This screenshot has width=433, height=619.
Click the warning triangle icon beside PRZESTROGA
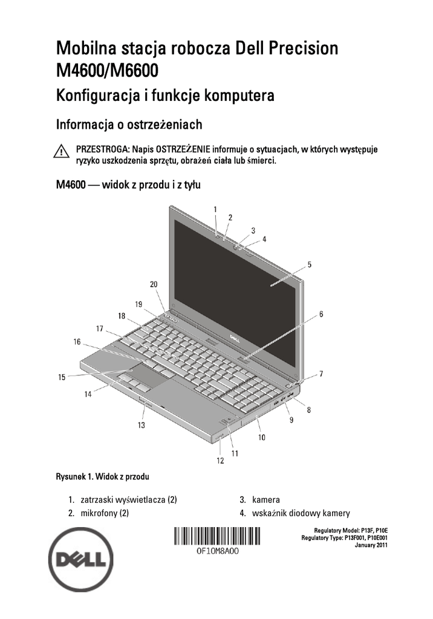click(x=62, y=151)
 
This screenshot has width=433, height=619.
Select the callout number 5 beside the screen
click(x=309, y=264)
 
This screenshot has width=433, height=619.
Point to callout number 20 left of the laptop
click(x=154, y=284)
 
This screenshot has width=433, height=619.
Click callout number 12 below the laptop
click(x=220, y=461)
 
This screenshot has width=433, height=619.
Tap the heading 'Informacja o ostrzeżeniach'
click(x=129, y=125)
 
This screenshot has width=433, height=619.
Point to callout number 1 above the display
click(x=215, y=209)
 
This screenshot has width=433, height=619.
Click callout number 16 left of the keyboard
click(x=77, y=342)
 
